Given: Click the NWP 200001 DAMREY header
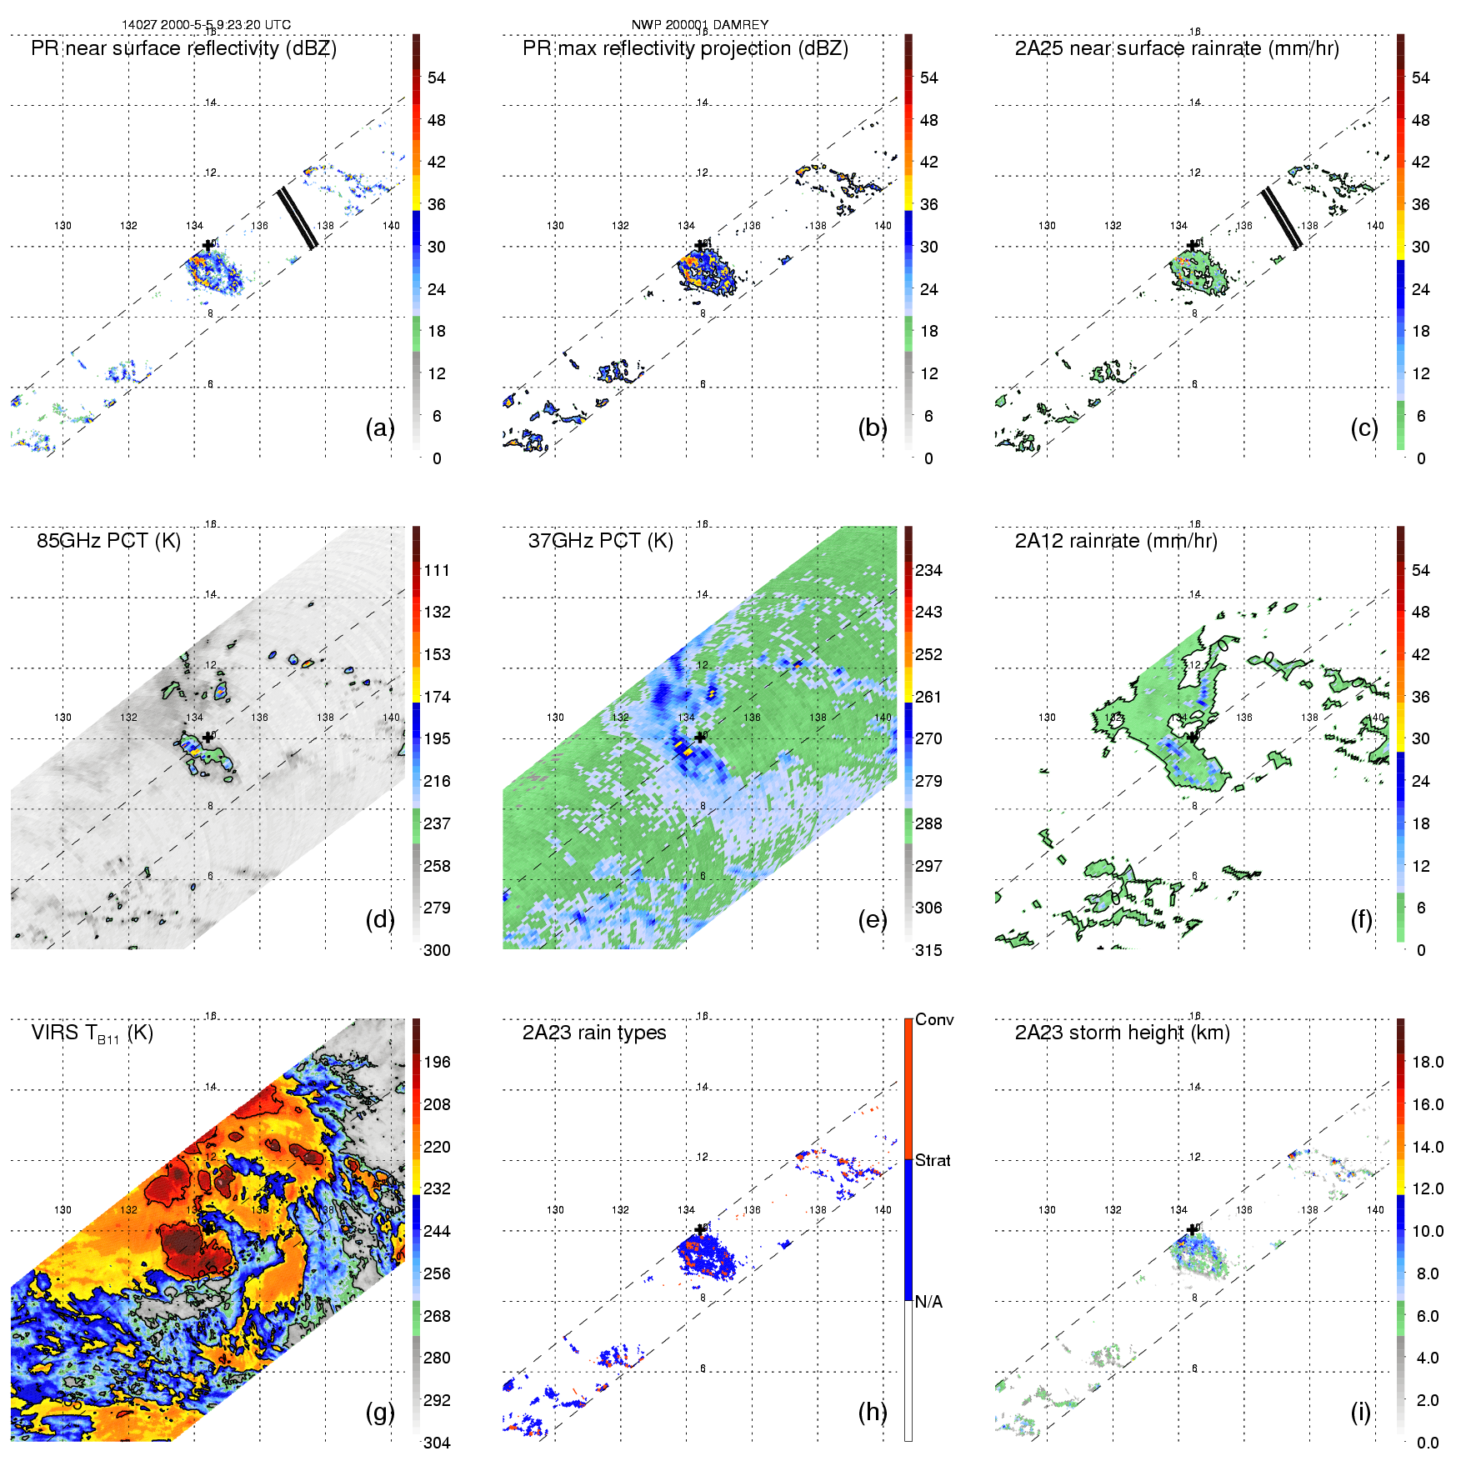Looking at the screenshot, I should pyautogui.click(x=699, y=25).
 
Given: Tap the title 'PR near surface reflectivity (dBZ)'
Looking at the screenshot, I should pyautogui.click(x=183, y=48).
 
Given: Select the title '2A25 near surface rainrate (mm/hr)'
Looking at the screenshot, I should pyautogui.click(x=1176, y=48).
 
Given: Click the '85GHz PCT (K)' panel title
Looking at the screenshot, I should pyautogui.click(x=108, y=541).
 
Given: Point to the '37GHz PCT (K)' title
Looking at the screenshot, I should pyautogui.click(x=600, y=541).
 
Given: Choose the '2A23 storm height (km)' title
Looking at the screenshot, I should pyautogui.click(x=1122, y=1033).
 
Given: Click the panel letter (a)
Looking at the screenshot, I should pyautogui.click(x=379, y=428).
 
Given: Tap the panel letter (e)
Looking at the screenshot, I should pyautogui.click(x=872, y=919).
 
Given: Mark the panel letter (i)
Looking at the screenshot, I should pyautogui.click(x=1360, y=1412).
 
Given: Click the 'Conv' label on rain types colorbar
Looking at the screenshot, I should pyautogui.click(x=934, y=1020).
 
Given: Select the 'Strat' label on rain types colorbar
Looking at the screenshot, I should pyautogui.click(x=933, y=1161).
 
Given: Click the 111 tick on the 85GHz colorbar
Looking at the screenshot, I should pyautogui.click(x=437, y=571).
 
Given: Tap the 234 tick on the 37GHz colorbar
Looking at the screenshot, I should pyautogui.click(x=928, y=571).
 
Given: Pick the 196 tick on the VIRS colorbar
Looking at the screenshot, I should pyautogui.click(x=437, y=1063).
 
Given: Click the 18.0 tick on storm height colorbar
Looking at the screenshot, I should pyautogui.click(x=1427, y=1063).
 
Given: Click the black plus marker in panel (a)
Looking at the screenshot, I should pyautogui.click(x=208, y=246).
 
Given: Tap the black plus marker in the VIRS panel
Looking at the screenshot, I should pyautogui.click(x=208, y=1229).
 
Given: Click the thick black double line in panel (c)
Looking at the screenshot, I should pyautogui.click(x=1281, y=218).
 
